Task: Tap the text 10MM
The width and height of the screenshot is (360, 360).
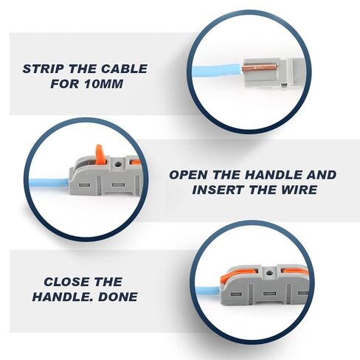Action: tap(103, 84)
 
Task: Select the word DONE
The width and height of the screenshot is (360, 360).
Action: tap(118, 297)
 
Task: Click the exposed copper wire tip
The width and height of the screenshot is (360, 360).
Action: tap(260, 68)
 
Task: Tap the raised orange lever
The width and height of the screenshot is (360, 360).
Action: tap(100, 154)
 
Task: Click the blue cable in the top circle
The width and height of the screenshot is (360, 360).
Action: tap(217, 70)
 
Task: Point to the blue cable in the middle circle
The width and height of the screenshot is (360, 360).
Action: tap(49, 183)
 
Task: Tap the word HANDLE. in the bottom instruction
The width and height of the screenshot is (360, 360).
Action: tap(63, 297)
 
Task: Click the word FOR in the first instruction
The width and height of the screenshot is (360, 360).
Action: tap(65, 84)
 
